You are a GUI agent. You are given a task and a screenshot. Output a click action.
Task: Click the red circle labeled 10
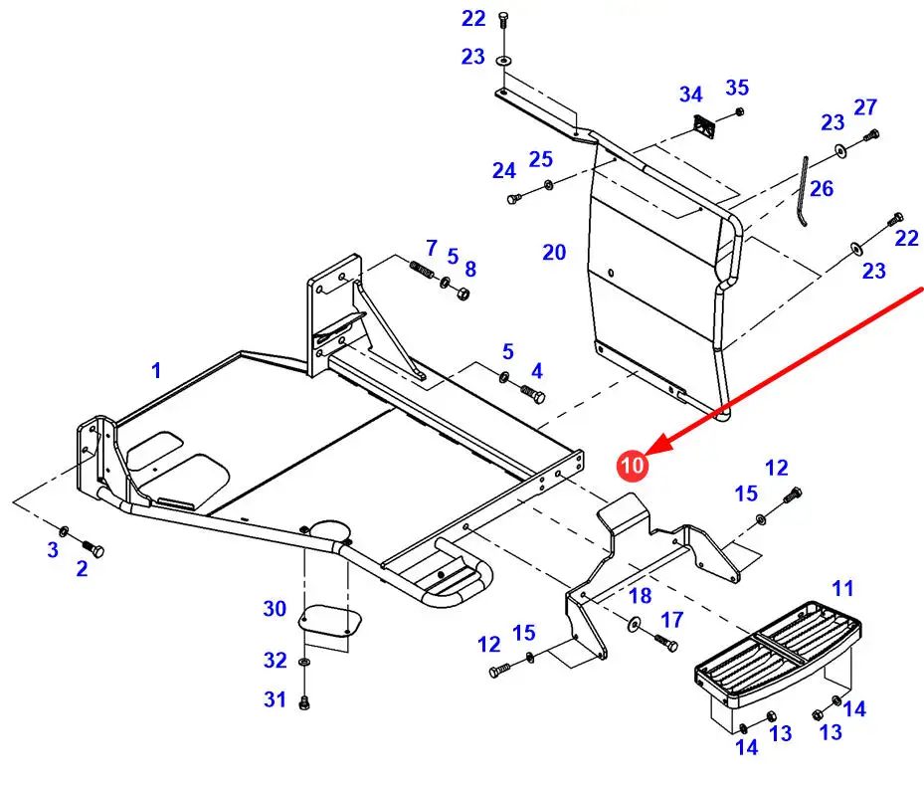point(633,464)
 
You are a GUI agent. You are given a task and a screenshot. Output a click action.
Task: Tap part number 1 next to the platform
point(156,371)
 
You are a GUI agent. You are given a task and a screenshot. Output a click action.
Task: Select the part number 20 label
point(554,253)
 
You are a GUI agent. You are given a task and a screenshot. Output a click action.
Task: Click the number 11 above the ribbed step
point(842,589)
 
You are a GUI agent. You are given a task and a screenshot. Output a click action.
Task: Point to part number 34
point(690,95)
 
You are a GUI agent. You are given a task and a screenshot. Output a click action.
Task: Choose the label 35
point(737,88)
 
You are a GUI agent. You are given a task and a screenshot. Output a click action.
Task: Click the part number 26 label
point(821,189)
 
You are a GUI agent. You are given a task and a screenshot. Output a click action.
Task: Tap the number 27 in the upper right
point(865,106)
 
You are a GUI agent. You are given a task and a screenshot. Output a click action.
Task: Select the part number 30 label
point(275,609)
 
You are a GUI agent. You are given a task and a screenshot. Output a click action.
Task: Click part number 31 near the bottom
point(275,700)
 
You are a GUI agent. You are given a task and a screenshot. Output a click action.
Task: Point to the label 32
point(275,660)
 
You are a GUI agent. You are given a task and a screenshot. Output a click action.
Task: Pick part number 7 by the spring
point(432,247)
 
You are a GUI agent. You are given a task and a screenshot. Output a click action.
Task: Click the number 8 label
point(470,269)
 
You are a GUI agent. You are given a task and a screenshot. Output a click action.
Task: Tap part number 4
point(537,371)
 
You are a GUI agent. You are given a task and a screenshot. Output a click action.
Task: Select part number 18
point(640,596)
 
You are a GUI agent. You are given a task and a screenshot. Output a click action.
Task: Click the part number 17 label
point(672,620)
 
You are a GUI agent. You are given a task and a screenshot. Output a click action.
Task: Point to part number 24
point(504,171)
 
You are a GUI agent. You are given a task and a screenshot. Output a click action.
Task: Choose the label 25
point(540,159)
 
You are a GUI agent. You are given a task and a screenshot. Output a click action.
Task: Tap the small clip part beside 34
point(705,127)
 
